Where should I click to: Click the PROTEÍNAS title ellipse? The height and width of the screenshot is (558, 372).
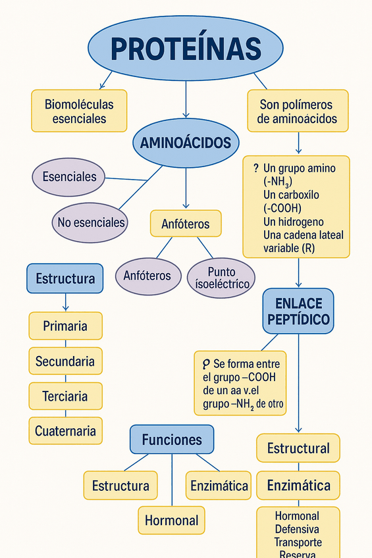(x=186, y=48)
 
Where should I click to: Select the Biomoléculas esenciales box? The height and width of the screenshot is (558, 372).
(x=79, y=111)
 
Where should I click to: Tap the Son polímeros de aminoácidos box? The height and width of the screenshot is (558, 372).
(x=297, y=111)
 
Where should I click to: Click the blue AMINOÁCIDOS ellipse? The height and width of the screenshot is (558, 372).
(x=186, y=143)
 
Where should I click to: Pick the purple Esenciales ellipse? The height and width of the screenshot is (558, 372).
(x=69, y=176)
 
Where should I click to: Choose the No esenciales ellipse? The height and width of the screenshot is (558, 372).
(x=91, y=222)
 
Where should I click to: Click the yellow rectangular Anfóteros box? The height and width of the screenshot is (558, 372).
(x=186, y=224)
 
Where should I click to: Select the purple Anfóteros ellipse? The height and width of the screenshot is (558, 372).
(x=147, y=275)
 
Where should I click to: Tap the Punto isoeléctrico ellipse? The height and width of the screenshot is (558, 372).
(x=221, y=278)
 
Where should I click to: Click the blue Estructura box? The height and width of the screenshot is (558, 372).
(x=65, y=278)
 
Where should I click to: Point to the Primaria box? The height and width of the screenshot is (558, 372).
(x=65, y=326)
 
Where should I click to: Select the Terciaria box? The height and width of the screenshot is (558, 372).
(x=65, y=396)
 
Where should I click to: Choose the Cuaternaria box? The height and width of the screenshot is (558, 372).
(x=65, y=431)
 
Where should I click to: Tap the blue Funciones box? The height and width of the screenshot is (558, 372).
(x=172, y=440)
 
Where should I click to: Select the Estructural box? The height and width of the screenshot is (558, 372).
(x=298, y=448)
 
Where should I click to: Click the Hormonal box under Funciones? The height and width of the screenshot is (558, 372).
(x=171, y=520)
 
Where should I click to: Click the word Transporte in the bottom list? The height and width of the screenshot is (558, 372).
(x=298, y=542)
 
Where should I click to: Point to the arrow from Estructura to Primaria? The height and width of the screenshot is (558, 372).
(x=65, y=303)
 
